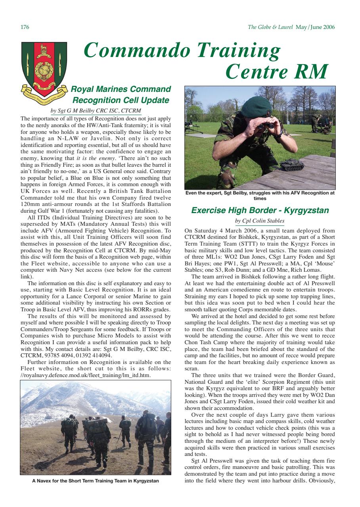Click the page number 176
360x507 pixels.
click(x=25, y=27)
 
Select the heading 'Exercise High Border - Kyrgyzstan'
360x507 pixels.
click(x=260, y=210)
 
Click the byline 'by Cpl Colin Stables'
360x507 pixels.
click(x=260, y=221)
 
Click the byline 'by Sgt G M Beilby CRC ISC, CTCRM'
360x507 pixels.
click(x=96, y=111)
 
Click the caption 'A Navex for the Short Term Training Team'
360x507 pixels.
click(x=96, y=481)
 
